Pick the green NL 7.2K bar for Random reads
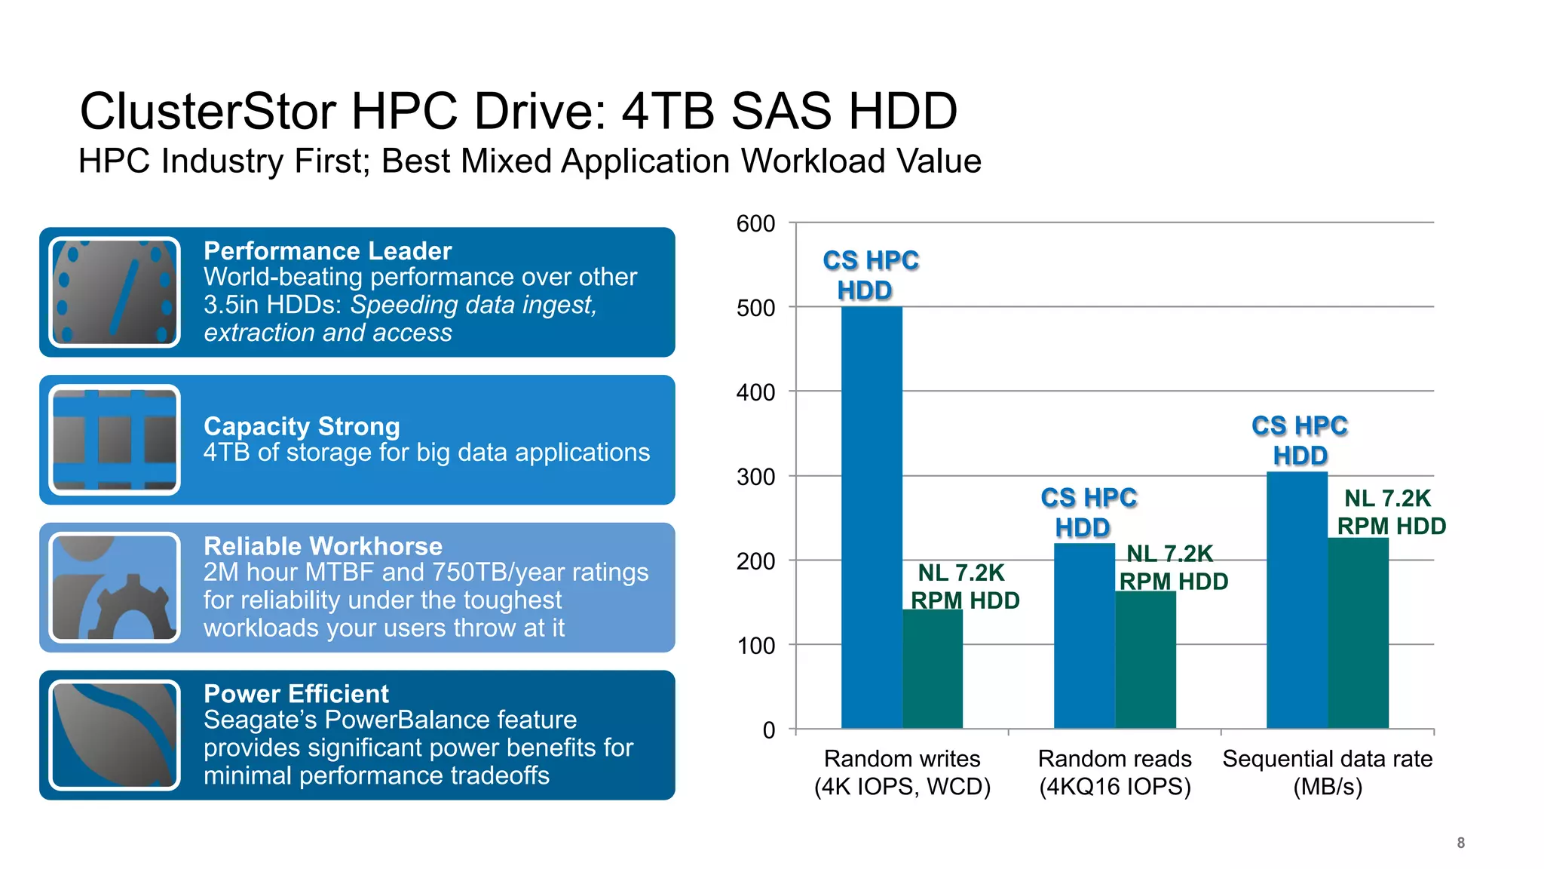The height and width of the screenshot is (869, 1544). (1145, 659)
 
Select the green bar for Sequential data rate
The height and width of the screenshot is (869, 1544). (1358, 633)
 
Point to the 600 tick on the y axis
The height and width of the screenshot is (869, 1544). (755, 223)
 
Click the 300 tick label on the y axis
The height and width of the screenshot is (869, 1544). (755, 477)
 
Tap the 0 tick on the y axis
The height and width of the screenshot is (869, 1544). (768, 730)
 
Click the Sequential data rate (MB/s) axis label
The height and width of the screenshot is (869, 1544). (1327, 772)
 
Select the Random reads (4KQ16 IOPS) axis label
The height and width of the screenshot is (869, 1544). (1114, 772)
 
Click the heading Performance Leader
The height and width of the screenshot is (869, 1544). (327, 250)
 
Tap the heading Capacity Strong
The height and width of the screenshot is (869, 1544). (302, 426)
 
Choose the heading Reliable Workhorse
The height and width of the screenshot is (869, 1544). (323, 546)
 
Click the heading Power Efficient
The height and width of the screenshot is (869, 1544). (296, 694)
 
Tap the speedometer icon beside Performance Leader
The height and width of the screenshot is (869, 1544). (115, 292)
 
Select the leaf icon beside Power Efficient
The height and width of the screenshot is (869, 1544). (115, 735)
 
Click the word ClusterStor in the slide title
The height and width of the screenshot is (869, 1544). (208, 112)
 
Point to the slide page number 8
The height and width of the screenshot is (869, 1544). (1460, 843)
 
